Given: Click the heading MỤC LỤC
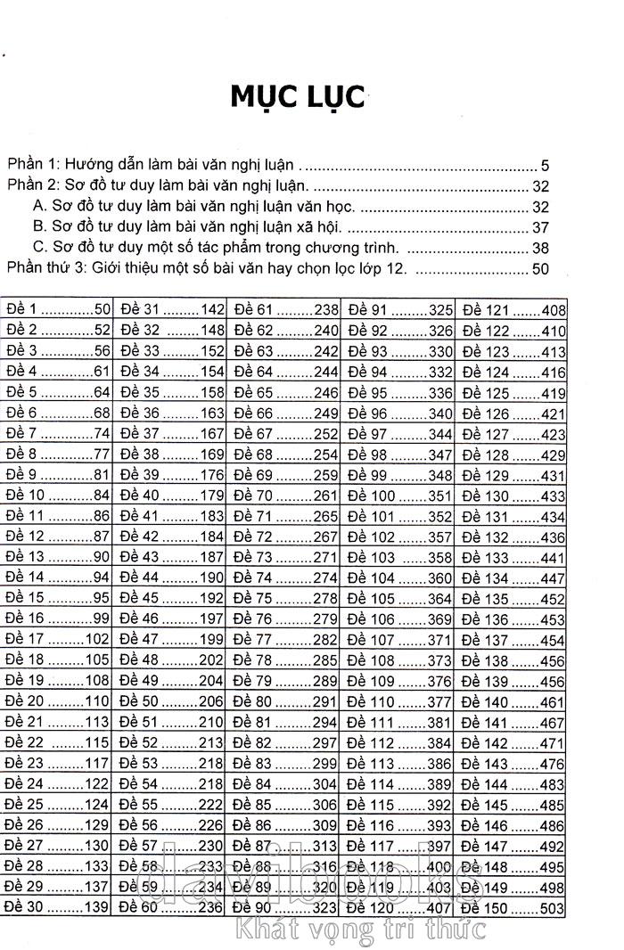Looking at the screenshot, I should pyautogui.click(x=298, y=96).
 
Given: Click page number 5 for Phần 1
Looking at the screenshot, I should pyautogui.click(x=545, y=165).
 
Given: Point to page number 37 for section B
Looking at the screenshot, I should pyautogui.click(x=540, y=226).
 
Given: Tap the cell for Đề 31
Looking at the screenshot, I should pyautogui.click(x=171, y=310).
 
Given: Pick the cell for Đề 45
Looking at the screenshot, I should pyautogui.click(x=171, y=598).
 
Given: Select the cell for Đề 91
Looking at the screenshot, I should pyautogui.click(x=399, y=310).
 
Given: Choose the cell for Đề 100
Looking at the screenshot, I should pyautogui.click(x=399, y=495).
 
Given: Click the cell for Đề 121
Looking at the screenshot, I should pyautogui.click(x=513, y=310).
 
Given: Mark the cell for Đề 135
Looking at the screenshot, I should pyautogui.click(x=513, y=598).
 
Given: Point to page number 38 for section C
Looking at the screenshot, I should pyautogui.click(x=540, y=247).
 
